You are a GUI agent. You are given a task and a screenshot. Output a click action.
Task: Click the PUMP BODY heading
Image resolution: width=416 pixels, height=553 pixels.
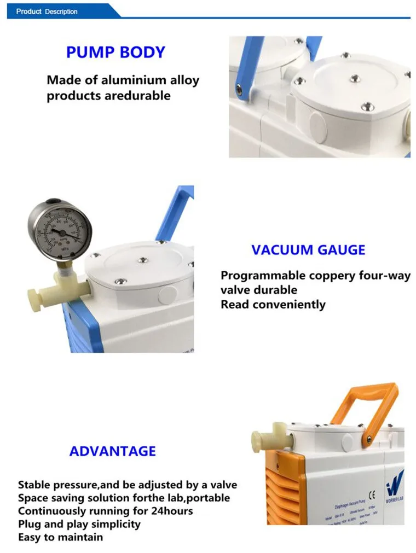pyautogui.click(x=115, y=53)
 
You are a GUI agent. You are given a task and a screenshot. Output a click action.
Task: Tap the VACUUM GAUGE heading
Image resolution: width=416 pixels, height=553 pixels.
pyautogui.click(x=308, y=251)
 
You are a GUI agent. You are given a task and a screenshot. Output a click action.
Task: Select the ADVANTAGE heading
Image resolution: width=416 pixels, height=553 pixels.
pyautogui.click(x=112, y=451)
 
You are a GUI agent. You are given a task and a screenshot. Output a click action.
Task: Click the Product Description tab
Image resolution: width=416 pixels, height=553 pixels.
pyautogui.click(x=47, y=11)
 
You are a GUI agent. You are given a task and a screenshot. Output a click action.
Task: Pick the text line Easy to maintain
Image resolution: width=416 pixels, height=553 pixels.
pyautogui.click(x=60, y=537)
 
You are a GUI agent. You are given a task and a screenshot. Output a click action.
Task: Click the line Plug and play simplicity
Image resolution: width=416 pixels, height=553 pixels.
pyautogui.click(x=79, y=524)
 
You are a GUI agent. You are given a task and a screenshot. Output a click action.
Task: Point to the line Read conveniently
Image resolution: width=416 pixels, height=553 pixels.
pyautogui.click(x=273, y=304)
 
